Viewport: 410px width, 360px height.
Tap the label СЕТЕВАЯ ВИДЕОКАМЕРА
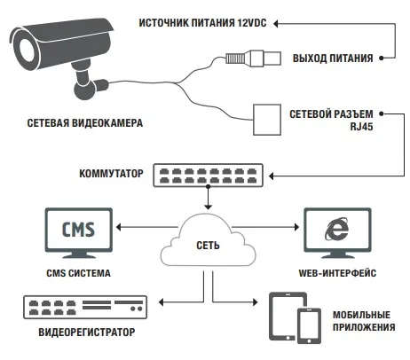(x=85, y=123)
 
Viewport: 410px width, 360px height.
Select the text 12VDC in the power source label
(x=252, y=23)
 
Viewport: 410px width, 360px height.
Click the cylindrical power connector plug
(x=253, y=58)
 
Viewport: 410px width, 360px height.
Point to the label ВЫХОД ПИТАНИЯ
(x=333, y=59)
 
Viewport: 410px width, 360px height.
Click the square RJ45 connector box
(x=267, y=120)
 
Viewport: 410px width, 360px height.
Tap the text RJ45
(x=361, y=127)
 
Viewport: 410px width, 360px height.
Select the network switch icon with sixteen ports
(x=208, y=176)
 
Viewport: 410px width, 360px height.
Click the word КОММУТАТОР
(x=111, y=173)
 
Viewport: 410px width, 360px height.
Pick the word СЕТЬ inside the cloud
(x=208, y=246)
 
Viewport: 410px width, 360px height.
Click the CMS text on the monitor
(x=78, y=230)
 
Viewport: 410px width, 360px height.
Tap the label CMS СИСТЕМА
(x=78, y=273)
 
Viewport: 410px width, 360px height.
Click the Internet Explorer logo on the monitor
(x=336, y=229)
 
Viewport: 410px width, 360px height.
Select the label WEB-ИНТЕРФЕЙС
(x=337, y=273)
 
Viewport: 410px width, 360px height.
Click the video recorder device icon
(x=85, y=307)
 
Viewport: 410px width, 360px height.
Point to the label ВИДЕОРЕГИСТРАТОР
(x=87, y=333)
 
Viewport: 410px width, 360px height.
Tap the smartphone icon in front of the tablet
(x=309, y=326)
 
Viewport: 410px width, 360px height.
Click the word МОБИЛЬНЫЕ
(x=361, y=315)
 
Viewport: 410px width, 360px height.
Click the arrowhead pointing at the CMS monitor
(x=119, y=227)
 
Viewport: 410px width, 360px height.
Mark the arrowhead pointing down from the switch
(x=209, y=207)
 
